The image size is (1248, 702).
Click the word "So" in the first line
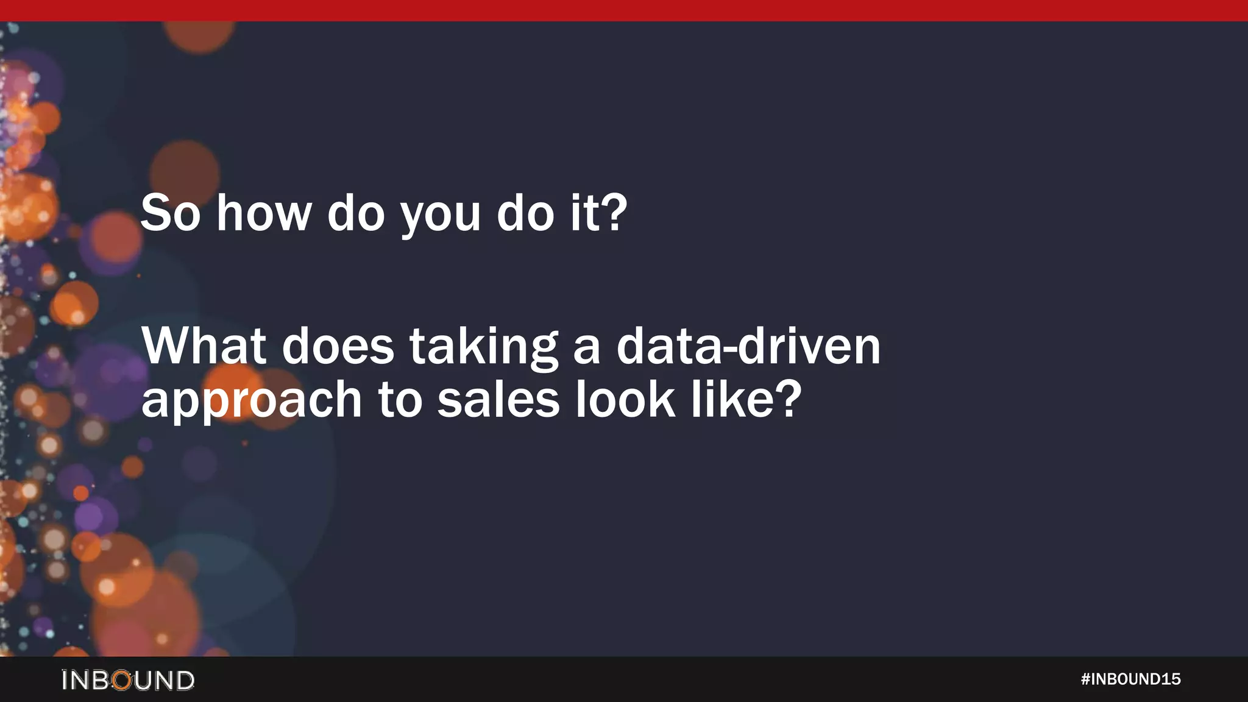click(x=170, y=213)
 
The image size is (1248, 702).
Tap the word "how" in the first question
click(x=264, y=213)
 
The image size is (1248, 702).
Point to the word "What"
click(x=204, y=346)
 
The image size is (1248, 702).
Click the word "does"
click(x=338, y=347)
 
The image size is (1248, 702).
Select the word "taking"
click(x=483, y=347)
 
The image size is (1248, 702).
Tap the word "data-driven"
click(x=748, y=346)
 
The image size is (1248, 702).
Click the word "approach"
click(x=252, y=401)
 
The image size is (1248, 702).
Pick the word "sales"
click(x=498, y=400)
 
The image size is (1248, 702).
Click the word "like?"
click(x=746, y=399)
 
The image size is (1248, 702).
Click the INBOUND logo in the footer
click(x=128, y=680)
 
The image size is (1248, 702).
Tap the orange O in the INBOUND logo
click(x=122, y=680)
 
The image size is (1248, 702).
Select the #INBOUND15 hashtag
click(x=1130, y=679)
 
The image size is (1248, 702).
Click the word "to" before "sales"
click(x=400, y=400)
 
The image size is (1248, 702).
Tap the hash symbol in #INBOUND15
click(x=1085, y=679)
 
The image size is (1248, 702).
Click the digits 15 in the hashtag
click(x=1171, y=679)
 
